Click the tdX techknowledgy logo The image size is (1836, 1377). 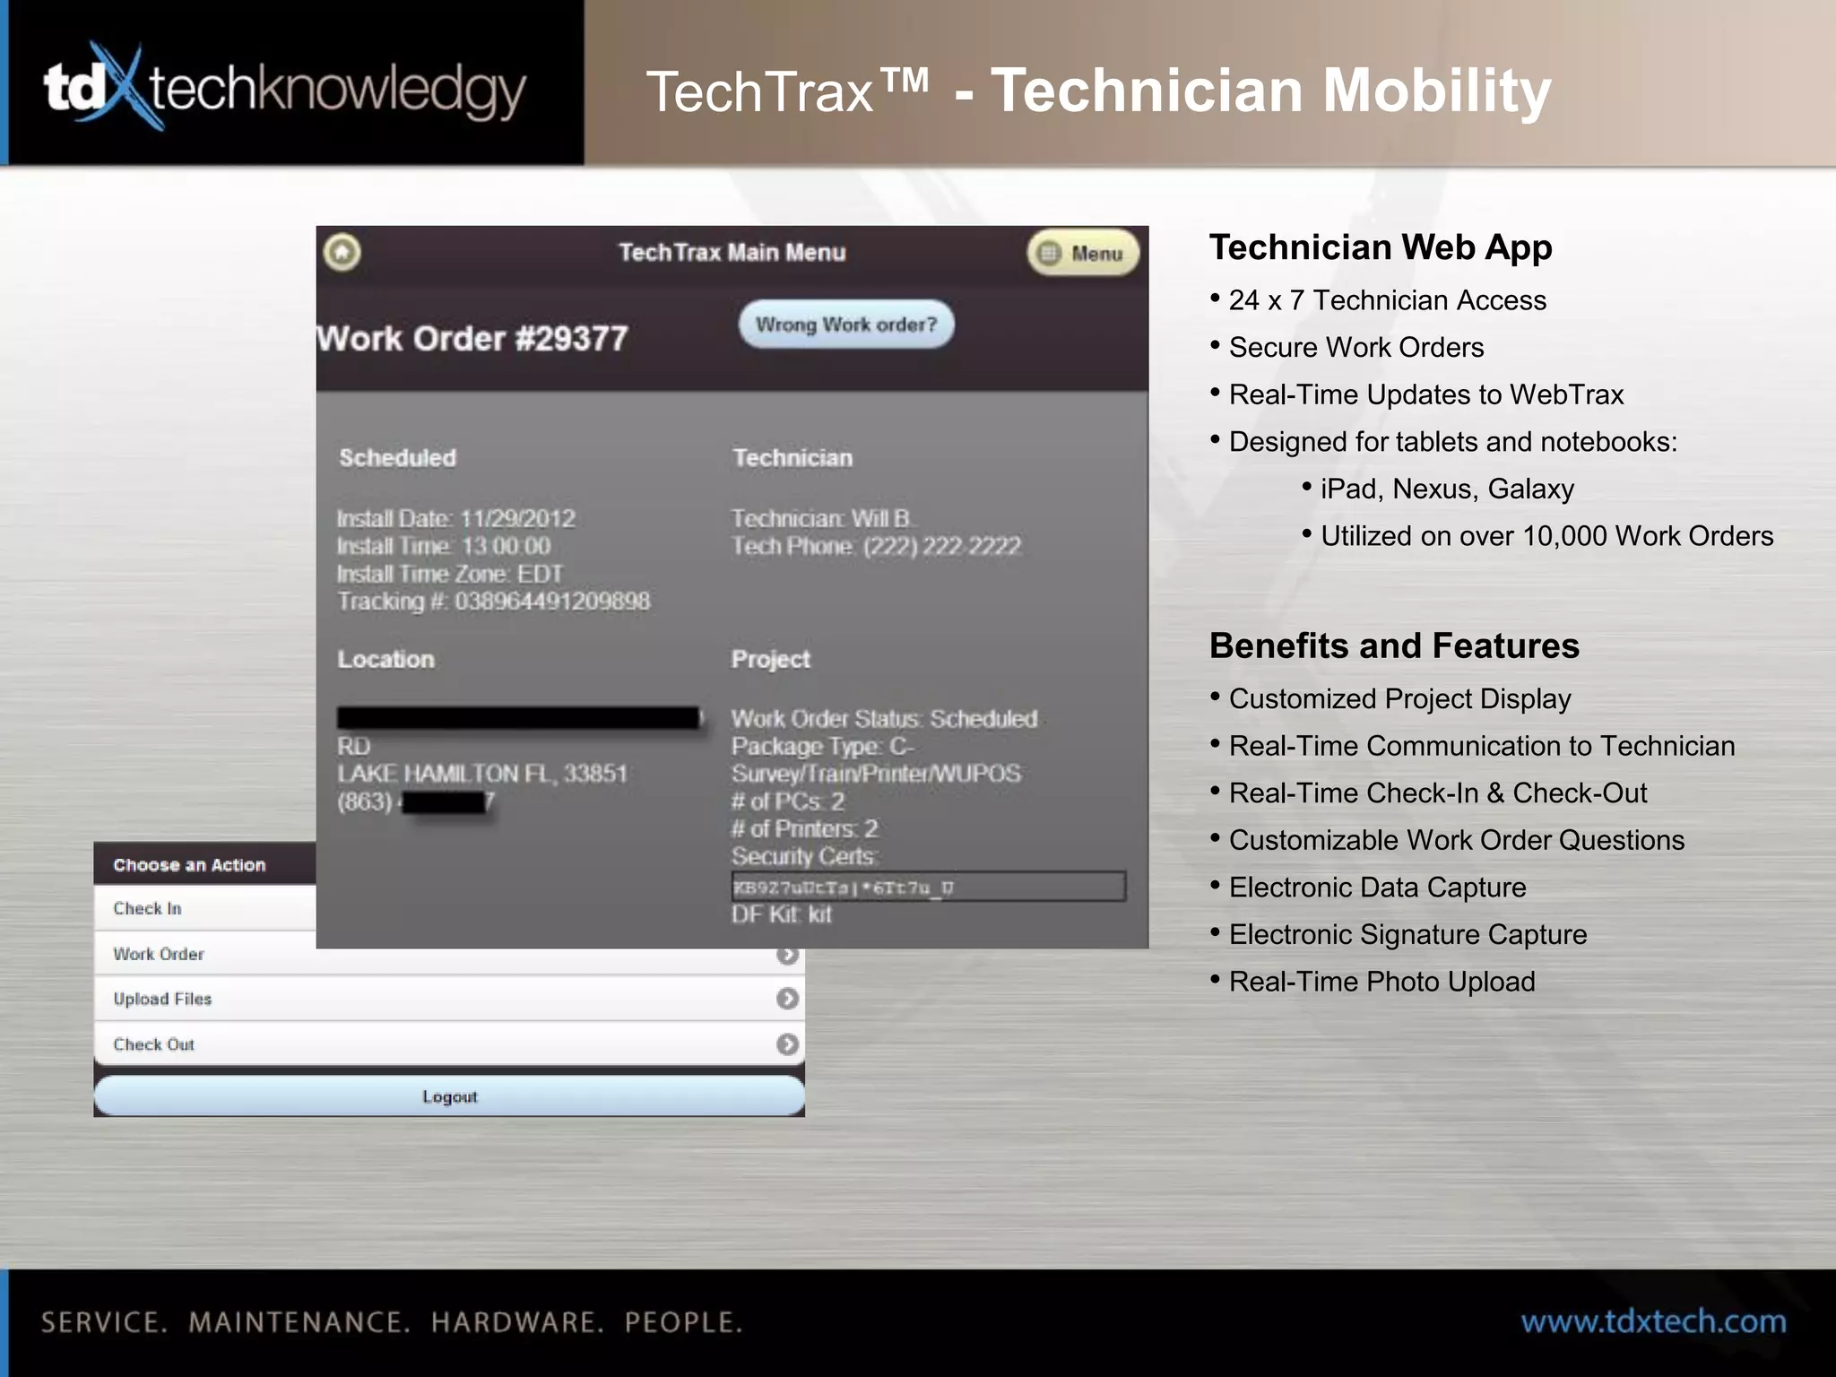(285, 88)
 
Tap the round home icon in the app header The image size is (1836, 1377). (342, 253)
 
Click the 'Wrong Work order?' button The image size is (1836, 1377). (845, 325)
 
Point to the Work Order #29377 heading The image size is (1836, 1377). (473, 339)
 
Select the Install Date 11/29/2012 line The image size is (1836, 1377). (456, 519)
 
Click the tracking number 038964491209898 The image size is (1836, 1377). (551, 602)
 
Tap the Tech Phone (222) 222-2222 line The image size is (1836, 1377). (876, 547)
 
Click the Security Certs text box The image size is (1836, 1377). (928, 888)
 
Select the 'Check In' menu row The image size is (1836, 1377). (204, 908)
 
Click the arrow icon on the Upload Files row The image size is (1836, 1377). (787, 999)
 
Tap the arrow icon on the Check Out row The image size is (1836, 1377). (787, 1044)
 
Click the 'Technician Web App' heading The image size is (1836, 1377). (1381, 247)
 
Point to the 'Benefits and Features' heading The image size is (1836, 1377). (1394, 646)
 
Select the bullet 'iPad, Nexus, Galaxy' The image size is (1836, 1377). (1447, 489)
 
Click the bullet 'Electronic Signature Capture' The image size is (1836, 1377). (1407, 935)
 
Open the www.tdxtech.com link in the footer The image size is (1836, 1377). (1653, 1322)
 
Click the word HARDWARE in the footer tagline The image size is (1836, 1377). (517, 1323)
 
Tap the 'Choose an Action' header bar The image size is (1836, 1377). (204, 865)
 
